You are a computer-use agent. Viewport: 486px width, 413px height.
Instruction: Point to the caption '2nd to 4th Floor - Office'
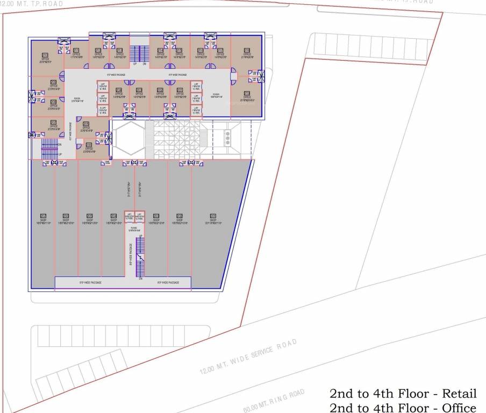point(403,407)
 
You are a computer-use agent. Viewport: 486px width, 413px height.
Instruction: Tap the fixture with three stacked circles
point(228,138)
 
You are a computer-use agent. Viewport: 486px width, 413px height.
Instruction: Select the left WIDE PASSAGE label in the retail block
point(90,282)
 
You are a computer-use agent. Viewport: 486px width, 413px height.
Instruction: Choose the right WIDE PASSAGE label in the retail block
point(168,282)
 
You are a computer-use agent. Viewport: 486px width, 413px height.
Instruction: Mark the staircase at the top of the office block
point(139,53)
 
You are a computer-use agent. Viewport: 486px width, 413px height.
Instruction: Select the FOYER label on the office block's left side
point(76,100)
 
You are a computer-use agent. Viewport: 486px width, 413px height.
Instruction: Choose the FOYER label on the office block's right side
point(216,95)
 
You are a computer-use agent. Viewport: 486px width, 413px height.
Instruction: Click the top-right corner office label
point(247,54)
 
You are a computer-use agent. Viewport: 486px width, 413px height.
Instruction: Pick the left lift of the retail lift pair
point(130,217)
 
